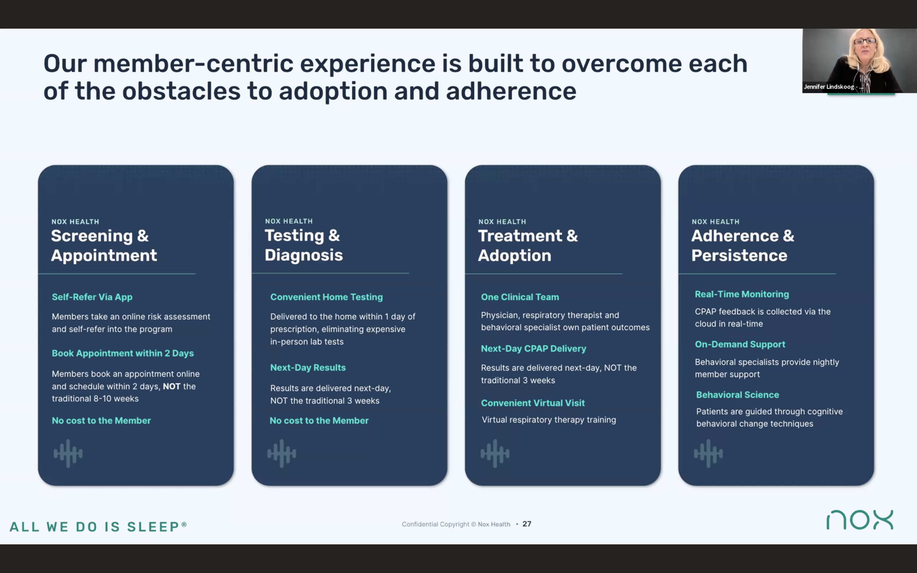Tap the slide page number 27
point(527,524)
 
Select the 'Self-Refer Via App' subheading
point(92,297)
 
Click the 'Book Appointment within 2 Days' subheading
point(123,353)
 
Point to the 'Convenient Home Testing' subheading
point(326,297)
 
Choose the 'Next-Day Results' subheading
point(308,368)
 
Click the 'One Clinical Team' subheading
point(520,297)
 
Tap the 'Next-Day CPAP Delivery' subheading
point(534,349)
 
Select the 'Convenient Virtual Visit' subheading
point(533,403)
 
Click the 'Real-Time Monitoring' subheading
point(742,294)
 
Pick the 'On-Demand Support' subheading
point(740,344)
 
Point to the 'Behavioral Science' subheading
point(737,395)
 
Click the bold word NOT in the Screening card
point(172,386)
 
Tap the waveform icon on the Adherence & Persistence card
point(708,453)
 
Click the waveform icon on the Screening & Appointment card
point(68,453)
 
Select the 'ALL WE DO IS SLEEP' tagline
point(98,527)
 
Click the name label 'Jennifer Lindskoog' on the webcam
point(829,87)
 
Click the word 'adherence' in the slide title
point(511,91)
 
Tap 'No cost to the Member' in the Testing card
point(319,421)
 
